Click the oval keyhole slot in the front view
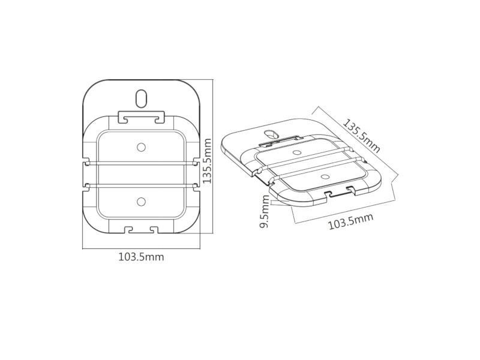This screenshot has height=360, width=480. [141, 98]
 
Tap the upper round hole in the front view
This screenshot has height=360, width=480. [141, 147]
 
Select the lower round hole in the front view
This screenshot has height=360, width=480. [141, 201]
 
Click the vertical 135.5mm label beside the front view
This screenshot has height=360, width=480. [207, 161]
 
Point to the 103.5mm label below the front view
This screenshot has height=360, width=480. [141, 257]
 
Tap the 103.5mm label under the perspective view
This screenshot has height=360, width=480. [350, 221]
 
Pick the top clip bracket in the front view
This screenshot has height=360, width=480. [141, 116]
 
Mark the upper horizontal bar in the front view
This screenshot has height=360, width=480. [141, 162]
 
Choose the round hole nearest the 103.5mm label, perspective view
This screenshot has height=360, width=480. [325, 177]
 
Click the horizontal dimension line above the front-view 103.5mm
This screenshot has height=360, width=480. [141, 247]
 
